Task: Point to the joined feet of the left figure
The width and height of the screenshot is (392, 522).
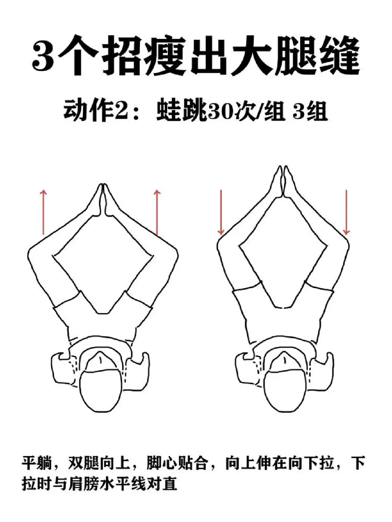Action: (x=103, y=200)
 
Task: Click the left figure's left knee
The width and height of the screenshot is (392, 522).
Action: (x=34, y=252)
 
